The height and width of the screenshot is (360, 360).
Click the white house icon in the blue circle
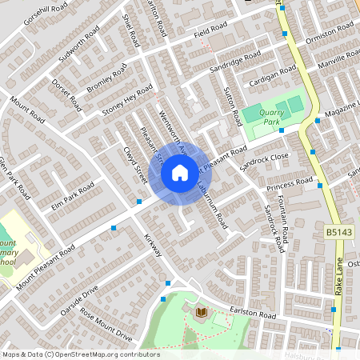click(x=180, y=172)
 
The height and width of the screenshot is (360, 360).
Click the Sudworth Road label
click(x=79, y=45)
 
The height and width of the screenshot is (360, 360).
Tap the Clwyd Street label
click(x=133, y=164)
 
